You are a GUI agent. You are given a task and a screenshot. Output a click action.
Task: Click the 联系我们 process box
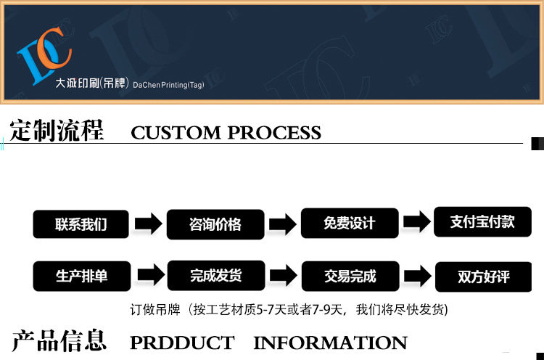tap(81, 224)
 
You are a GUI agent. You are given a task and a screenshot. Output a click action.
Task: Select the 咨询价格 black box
tap(215, 224)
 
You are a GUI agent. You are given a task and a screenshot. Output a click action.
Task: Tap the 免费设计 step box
tap(350, 224)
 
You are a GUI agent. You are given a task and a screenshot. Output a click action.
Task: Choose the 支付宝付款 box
tap(482, 222)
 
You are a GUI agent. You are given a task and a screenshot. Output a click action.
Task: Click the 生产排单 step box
tap(81, 277)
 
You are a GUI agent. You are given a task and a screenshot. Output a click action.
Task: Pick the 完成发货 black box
tap(215, 276)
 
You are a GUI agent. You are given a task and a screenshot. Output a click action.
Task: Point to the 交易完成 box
tap(350, 277)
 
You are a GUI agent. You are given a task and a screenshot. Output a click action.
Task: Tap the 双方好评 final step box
tap(483, 277)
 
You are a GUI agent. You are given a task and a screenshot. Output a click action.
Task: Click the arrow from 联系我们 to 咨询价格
tap(148, 224)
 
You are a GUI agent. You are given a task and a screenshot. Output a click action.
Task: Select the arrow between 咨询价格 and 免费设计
tap(282, 224)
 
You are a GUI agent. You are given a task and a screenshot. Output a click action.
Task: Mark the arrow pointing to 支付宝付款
tap(416, 223)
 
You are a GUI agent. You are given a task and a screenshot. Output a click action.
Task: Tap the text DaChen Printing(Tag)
tap(168, 85)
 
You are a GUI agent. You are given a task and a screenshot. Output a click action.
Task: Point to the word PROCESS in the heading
tap(274, 133)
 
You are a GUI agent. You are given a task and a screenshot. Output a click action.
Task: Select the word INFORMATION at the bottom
tap(330, 343)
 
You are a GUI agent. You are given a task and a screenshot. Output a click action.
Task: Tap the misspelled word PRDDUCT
tap(181, 343)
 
